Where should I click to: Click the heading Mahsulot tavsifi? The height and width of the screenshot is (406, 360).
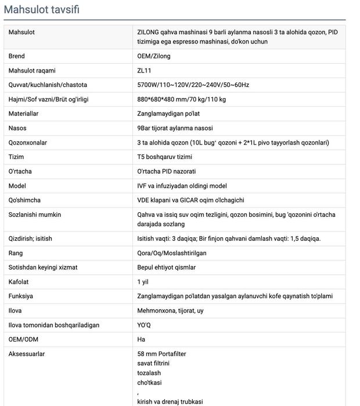click(x=42, y=10)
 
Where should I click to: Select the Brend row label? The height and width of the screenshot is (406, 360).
click(x=17, y=56)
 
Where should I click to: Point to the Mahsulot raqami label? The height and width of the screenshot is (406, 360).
click(x=32, y=71)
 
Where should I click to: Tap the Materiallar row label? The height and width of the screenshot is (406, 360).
click(x=24, y=114)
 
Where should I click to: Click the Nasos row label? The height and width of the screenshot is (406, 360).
click(x=17, y=128)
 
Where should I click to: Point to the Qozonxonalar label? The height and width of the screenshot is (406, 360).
click(x=28, y=143)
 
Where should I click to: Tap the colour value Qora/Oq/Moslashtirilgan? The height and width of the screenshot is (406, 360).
click(x=171, y=253)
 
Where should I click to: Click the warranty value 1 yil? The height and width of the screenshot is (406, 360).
click(x=143, y=282)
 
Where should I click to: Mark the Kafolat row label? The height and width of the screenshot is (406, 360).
click(x=19, y=282)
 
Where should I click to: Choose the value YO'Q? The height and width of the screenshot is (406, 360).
click(x=143, y=325)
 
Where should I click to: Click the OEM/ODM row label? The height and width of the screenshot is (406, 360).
click(x=22, y=339)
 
